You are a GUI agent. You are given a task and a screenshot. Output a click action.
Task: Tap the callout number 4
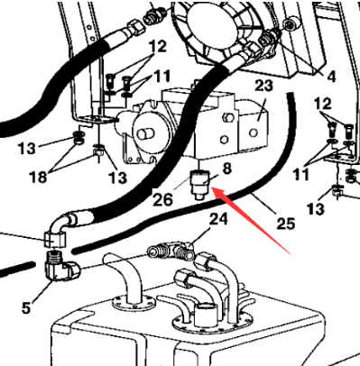(x=331, y=78)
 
